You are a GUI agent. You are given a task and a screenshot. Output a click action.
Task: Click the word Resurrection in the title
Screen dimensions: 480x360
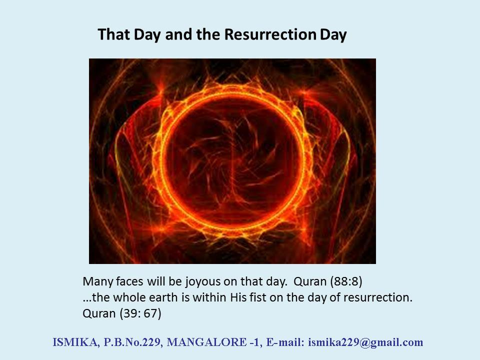tap(270, 34)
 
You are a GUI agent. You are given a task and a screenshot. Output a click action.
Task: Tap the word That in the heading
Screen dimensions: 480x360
tap(114, 34)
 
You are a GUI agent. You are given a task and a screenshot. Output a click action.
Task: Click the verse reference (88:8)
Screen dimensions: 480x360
tap(346, 281)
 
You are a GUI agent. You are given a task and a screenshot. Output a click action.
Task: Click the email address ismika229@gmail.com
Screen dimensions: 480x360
tap(365, 342)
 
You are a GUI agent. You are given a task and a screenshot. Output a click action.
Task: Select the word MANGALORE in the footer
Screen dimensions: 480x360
tap(206, 342)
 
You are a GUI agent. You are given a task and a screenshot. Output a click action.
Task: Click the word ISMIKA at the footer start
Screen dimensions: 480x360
tap(76, 342)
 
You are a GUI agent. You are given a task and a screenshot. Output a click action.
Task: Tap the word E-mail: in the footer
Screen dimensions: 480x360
tap(285, 342)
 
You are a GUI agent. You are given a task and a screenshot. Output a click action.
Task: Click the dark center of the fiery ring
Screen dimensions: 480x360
tap(232, 160)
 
